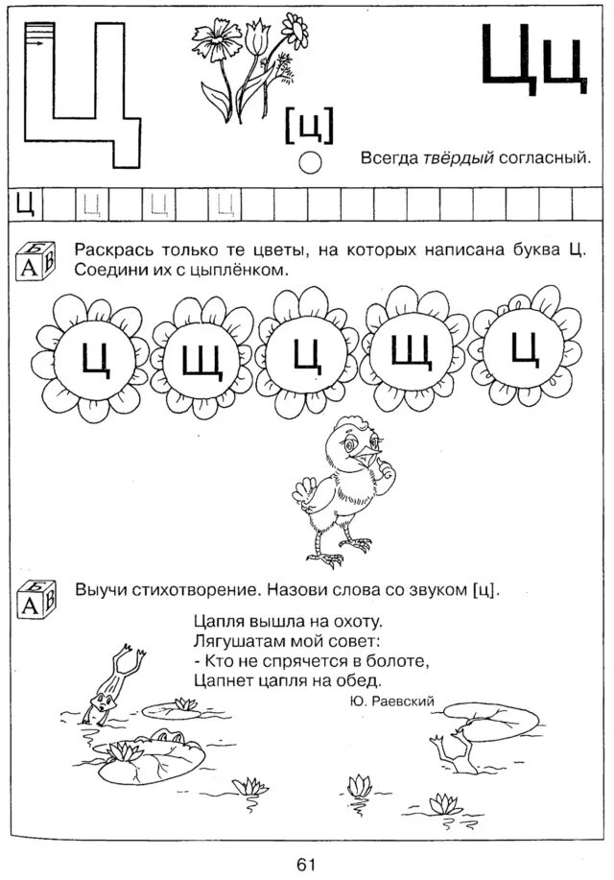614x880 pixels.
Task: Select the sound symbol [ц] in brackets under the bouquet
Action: coord(309,126)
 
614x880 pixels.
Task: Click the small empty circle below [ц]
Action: coord(310,162)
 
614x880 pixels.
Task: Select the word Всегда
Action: coord(389,155)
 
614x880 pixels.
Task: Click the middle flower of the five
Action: coord(305,354)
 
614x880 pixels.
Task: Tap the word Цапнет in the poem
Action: coord(220,679)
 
